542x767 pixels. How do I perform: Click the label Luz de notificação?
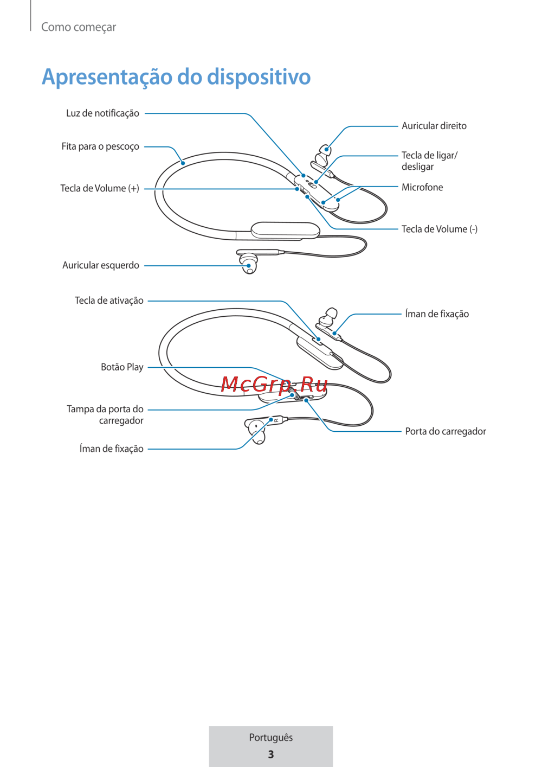(x=102, y=113)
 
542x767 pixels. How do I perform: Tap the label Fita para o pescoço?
(x=100, y=146)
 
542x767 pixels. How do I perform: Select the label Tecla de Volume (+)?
(x=100, y=188)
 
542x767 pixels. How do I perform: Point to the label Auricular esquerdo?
(x=101, y=265)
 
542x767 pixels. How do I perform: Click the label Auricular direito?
(x=434, y=126)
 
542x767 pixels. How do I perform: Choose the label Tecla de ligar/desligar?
(x=429, y=161)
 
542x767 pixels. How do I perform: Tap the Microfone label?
(x=422, y=187)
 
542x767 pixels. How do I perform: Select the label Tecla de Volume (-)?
(x=439, y=229)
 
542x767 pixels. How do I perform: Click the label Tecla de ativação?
(x=109, y=301)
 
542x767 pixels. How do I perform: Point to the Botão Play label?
(x=122, y=367)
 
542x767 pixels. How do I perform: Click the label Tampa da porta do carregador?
(x=105, y=415)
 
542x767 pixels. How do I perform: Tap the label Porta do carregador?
(x=445, y=431)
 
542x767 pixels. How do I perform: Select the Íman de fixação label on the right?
(x=437, y=314)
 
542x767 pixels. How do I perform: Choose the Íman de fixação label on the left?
(x=111, y=449)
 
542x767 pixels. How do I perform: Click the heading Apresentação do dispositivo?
(x=176, y=76)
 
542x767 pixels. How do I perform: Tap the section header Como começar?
(x=79, y=27)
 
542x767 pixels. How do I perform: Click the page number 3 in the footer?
(x=270, y=755)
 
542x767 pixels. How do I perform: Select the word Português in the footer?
(x=270, y=737)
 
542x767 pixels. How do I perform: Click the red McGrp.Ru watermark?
(x=274, y=385)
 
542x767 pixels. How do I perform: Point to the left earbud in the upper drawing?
(x=249, y=264)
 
